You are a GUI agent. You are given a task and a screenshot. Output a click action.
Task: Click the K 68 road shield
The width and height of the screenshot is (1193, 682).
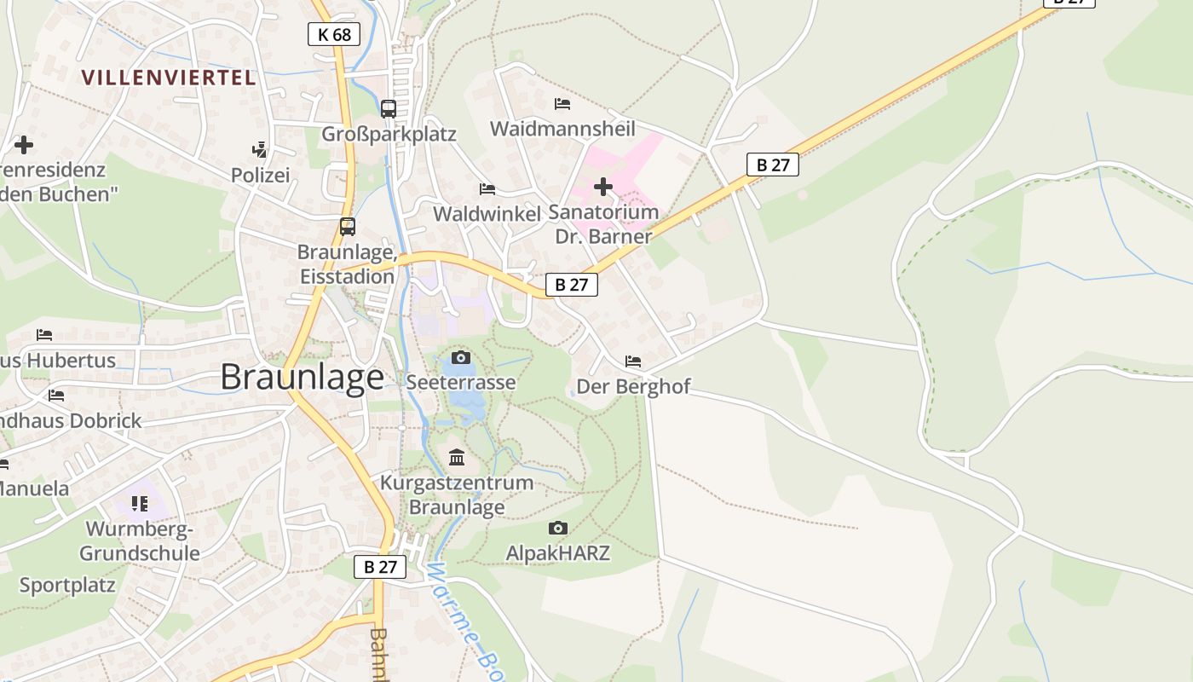coord(333,34)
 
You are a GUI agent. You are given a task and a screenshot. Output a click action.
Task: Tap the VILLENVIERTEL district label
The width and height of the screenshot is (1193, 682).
coord(168,78)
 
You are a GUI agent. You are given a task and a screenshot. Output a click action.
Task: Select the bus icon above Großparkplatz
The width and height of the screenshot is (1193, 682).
coord(389,109)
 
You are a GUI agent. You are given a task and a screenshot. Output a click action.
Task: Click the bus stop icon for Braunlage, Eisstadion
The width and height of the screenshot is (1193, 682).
coord(348,227)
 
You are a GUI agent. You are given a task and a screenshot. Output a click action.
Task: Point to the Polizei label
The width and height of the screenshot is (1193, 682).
coord(261,175)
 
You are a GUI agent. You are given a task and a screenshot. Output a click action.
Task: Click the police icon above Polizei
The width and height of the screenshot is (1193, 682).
coord(260,150)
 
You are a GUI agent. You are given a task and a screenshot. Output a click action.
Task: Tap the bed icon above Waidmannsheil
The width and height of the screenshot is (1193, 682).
coord(562,104)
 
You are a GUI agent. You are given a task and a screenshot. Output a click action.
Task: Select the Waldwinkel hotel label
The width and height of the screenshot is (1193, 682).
coord(487,213)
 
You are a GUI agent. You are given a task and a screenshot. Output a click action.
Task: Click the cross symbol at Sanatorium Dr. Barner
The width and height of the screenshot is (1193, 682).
coord(603,186)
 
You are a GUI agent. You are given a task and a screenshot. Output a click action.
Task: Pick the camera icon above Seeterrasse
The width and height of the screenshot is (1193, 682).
coord(461,357)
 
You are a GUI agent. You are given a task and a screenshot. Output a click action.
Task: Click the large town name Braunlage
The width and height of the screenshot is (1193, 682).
coord(302,377)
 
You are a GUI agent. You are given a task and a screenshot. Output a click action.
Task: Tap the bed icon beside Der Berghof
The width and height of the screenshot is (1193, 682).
coord(633,361)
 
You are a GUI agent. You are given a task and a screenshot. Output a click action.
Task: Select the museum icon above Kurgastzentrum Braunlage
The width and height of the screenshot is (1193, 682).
coord(457,458)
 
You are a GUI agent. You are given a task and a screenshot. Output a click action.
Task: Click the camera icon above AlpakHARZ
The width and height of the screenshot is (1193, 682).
coord(558,529)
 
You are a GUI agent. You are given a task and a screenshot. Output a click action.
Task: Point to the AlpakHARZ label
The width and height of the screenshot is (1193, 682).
coord(558,553)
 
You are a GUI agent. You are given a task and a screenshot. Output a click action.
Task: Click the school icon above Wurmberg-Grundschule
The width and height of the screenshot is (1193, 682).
coord(140,504)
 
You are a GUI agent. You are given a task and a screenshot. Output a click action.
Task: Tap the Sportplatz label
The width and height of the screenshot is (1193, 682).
coord(67,586)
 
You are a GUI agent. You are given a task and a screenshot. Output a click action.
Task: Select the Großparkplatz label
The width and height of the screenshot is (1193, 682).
coord(389,134)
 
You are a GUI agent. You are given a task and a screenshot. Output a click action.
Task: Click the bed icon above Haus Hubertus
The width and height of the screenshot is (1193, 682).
coord(44,335)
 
